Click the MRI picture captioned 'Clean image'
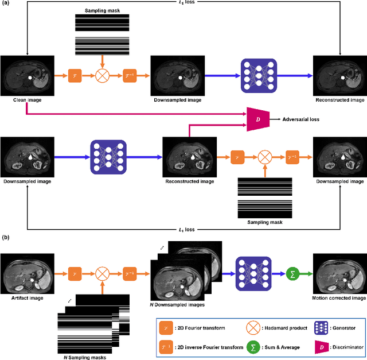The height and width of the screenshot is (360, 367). point(27,75)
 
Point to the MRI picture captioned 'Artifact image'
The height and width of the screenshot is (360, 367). point(27,272)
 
